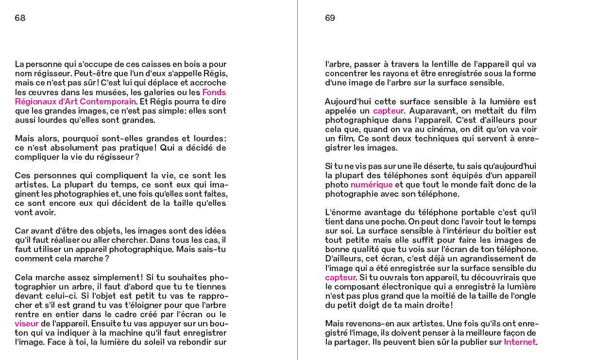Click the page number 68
(20, 18)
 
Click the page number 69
(330, 18)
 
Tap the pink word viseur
(26, 324)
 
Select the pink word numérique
(372, 185)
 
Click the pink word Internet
(519, 342)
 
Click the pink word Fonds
(214, 92)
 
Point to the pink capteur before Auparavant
(389, 111)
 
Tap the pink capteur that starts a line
(340, 277)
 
